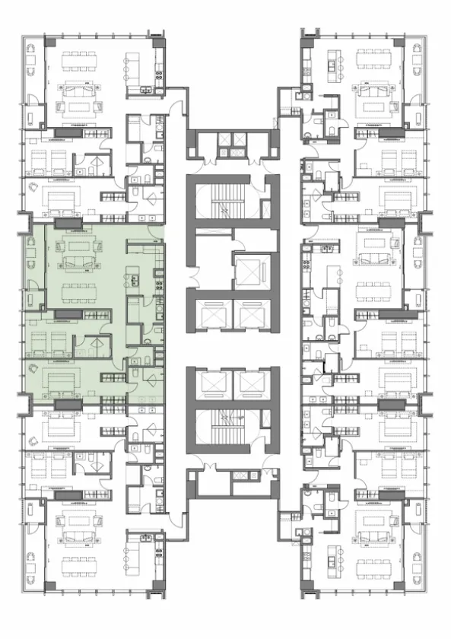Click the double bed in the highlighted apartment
63,379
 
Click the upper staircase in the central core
226,200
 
